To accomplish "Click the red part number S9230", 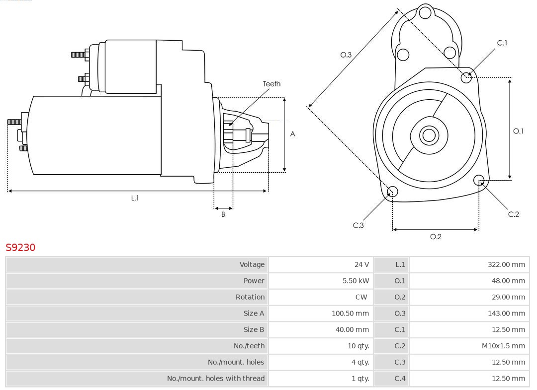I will (x=20, y=247).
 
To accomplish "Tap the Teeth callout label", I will (x=271, y=84).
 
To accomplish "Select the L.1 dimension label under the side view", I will (x=135, y=198).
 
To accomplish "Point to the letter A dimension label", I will (x=293, y=134).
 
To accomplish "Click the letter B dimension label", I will (x=223, y=215).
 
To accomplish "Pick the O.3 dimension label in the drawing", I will (x=346, y=55).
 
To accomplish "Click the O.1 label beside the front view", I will (x=518, y=131).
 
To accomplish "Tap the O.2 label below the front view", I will (x=436, y=237).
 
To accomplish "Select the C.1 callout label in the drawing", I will (x=502, y=43).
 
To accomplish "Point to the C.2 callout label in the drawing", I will (x=514, y=214).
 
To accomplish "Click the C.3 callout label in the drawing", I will (x=358, y=225).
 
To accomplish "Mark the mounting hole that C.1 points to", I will (x=466, y=77).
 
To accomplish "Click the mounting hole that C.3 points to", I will (x=392, y=192).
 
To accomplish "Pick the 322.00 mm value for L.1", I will (x=506, y=264).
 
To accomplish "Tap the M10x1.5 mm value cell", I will (x=503, y=346).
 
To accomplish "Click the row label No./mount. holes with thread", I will (x=216, y=379).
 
